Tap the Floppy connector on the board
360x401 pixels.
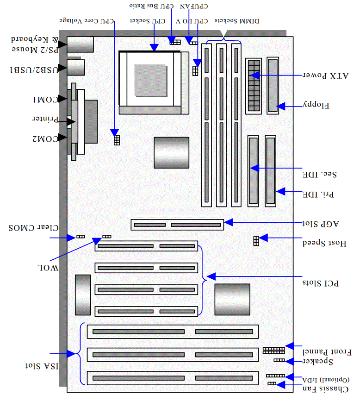[273, 85]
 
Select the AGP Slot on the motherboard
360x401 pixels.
[177, 225]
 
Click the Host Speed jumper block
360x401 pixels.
[255, 240]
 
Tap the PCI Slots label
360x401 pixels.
[321, 282]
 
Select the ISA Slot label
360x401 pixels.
[42, 367]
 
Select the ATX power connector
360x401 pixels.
[253, 85]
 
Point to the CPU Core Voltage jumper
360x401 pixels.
[117, 140]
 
